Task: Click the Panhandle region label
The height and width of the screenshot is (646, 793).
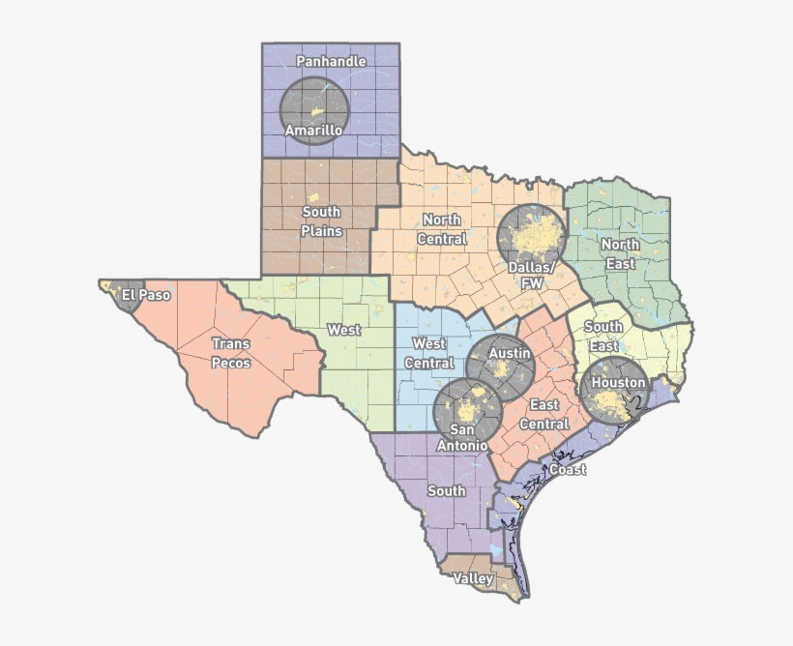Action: click(331, 62)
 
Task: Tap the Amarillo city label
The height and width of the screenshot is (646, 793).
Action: click(313, 131)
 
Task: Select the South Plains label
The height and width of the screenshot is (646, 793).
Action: click(321, 221)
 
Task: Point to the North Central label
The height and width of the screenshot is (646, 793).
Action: click(441, 229)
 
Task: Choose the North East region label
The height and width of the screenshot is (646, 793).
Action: click(620, 253)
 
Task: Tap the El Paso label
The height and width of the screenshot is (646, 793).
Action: click(146, 295)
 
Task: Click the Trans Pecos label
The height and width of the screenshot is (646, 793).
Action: click(231, 353)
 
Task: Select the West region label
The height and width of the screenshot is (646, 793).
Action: click(343, 330)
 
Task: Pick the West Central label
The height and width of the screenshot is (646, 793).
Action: click(429, 353)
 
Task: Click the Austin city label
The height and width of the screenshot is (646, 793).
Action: click(509, 354)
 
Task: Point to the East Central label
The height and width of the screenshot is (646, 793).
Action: click(544, 415)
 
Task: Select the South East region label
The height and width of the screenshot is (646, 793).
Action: click(603, 337)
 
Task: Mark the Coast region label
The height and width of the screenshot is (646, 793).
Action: click(568, 470)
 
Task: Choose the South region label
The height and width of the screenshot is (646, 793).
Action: click(447, 491)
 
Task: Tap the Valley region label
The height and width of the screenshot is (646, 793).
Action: click(474, 578)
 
